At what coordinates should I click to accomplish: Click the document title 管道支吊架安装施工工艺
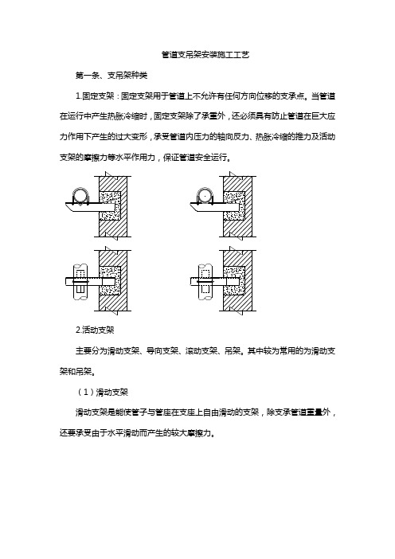[205, 54]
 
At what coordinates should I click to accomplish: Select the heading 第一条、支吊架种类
[111, 75]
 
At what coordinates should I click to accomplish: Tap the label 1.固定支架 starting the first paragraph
[95, 96]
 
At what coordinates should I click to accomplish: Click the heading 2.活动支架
[95, 330]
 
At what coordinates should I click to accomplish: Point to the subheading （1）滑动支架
[102, 392]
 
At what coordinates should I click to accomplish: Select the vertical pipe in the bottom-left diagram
[80, 282]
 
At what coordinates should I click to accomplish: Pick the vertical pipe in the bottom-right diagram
[205, 282]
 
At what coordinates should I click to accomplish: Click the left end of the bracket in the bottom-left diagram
[66, 281]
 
